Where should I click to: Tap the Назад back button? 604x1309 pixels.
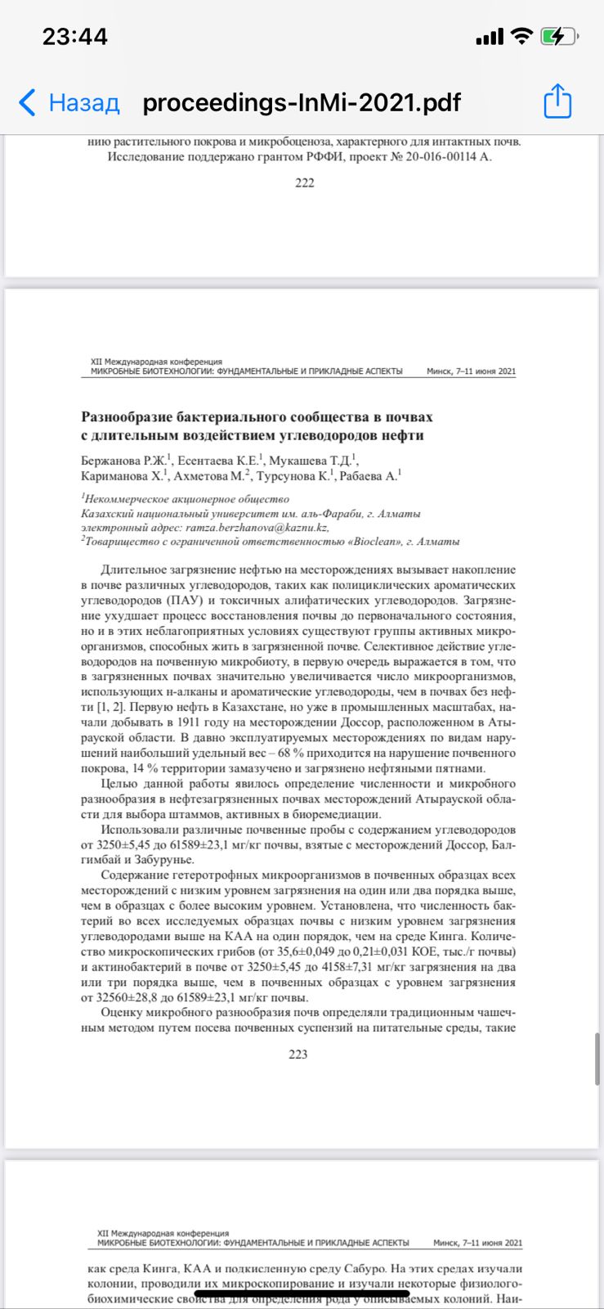pos(69,103)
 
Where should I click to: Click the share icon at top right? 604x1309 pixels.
pos(557,102)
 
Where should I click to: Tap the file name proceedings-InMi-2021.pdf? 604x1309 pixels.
pos(302,103)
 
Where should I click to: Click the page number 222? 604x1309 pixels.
pos(304,183)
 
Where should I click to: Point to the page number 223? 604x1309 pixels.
pos(298,1055)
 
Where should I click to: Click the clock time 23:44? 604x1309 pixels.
pos(74,37)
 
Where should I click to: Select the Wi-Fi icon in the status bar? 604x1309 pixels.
pos(520,37)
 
